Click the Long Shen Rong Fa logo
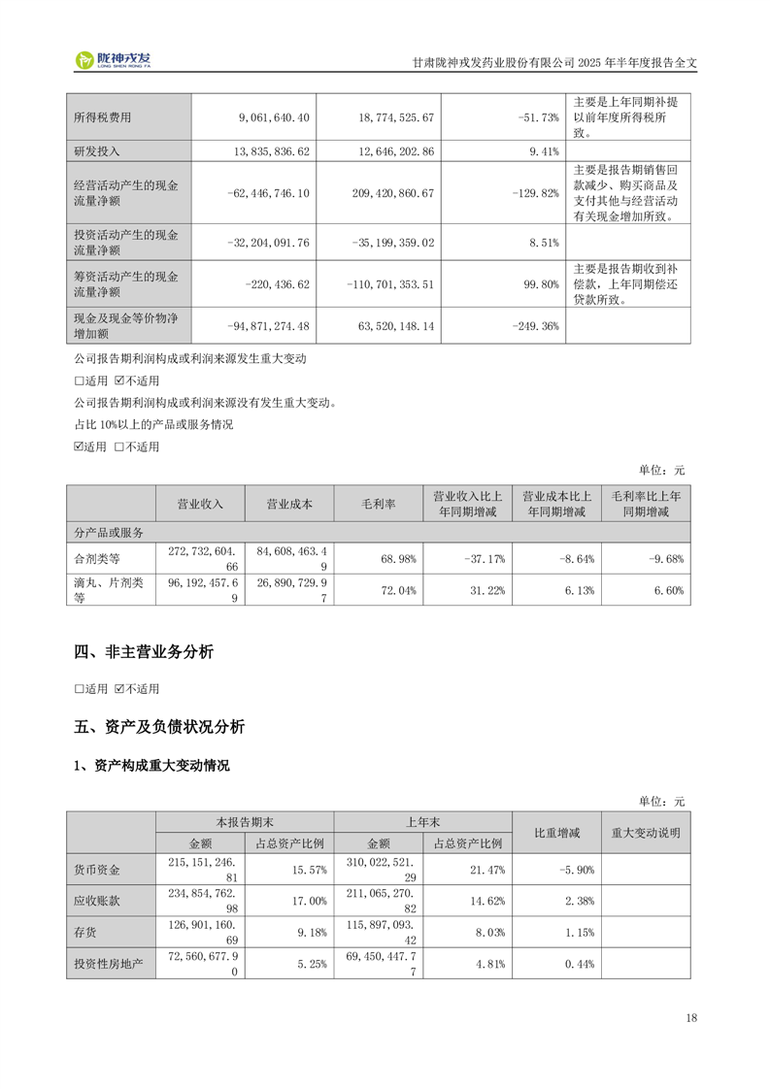coord(114,60)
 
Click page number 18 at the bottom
coord(690,1018)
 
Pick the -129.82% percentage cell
coord(535,193)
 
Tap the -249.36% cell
coord(535,327)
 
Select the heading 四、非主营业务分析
coord(144,652)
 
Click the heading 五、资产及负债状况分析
coord(159,727)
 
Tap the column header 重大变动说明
coord(646,833)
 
